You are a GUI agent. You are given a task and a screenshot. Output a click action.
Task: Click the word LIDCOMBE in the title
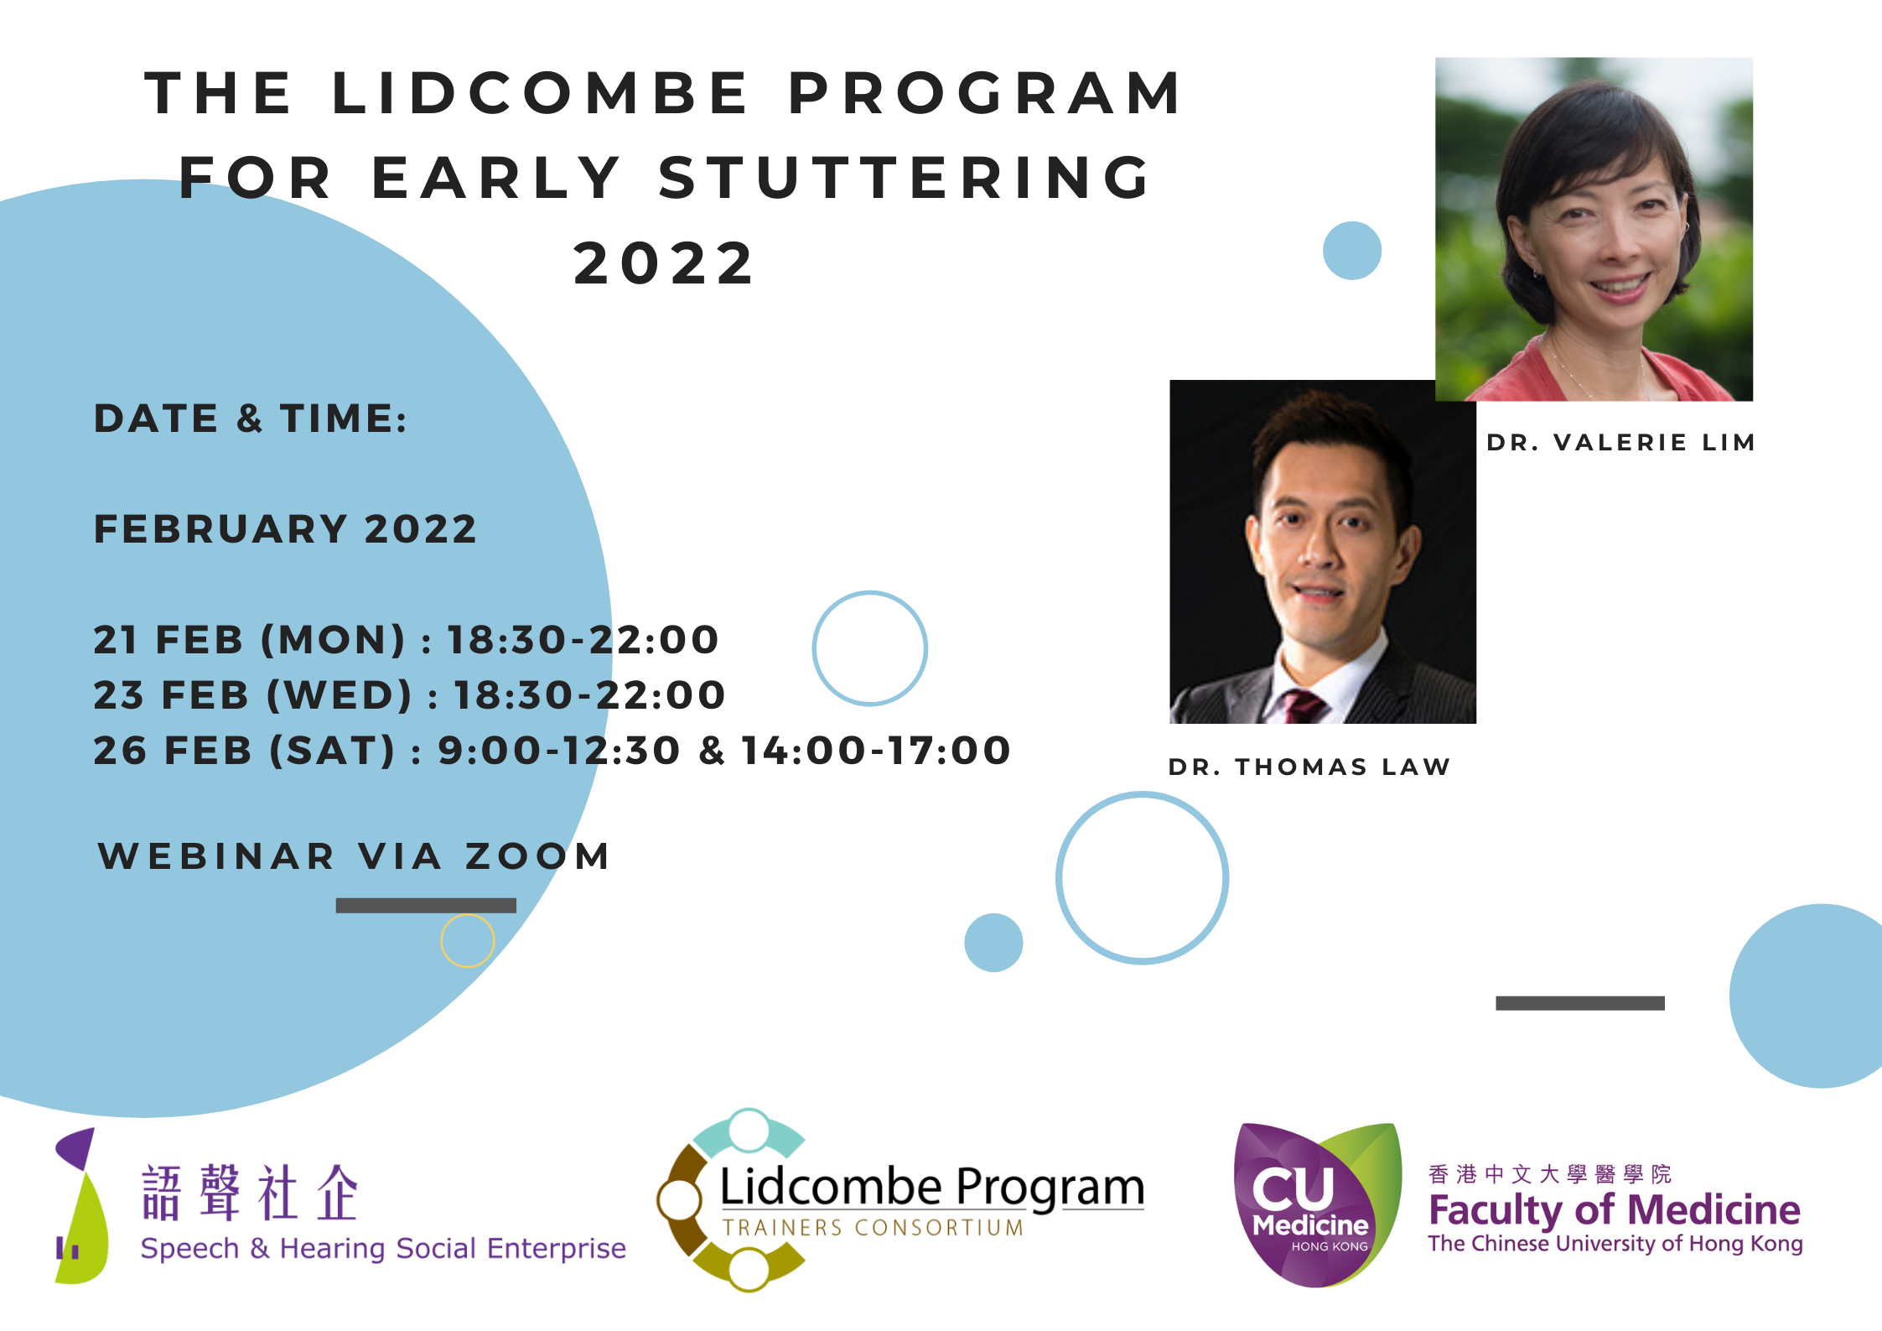[541, 92]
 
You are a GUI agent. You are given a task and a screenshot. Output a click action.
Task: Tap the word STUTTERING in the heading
[905, 178]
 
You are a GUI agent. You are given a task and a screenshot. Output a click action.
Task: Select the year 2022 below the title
[664, 263]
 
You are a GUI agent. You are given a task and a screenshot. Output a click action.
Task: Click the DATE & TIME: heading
[251, 419]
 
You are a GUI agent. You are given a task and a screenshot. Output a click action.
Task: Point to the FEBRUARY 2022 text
[285, 529]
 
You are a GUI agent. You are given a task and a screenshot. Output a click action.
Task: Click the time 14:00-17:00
[876, 751]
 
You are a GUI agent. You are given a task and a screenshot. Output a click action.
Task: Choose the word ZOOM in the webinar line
[538, 856]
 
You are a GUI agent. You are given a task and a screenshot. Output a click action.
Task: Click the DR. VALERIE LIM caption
[1620, 443]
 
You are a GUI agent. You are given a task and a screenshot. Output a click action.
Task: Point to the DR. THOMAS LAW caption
[1309, 767]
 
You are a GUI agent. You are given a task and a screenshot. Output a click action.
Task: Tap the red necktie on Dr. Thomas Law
[1299, 707]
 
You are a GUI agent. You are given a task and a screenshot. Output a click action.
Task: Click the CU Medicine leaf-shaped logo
[1316, 1206]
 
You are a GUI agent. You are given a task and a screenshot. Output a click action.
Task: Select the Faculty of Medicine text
[1614, 1210]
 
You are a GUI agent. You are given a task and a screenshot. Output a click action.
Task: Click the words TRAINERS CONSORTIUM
[873, 1228]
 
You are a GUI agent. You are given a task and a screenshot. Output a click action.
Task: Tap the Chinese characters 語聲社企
[250, 1193]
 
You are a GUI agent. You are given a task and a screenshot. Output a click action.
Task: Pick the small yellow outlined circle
[468, 941]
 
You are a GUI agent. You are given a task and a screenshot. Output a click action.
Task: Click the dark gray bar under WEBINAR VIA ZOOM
[426, 906]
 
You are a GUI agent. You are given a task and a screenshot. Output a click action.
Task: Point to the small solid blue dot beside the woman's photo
[1352, 251]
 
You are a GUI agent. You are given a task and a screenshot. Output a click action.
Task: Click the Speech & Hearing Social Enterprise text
[383, 1249]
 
